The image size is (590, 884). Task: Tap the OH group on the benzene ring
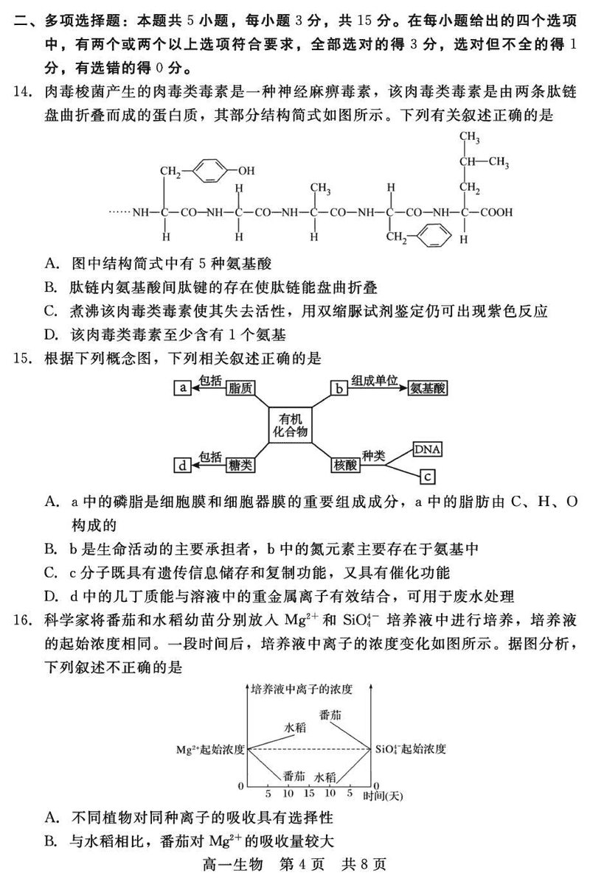[x=246, y=171]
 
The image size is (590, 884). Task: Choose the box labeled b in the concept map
[x=338, y=387]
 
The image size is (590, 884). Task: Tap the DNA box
[x=427, y=449]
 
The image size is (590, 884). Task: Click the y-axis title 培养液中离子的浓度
[x=301, y=690]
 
